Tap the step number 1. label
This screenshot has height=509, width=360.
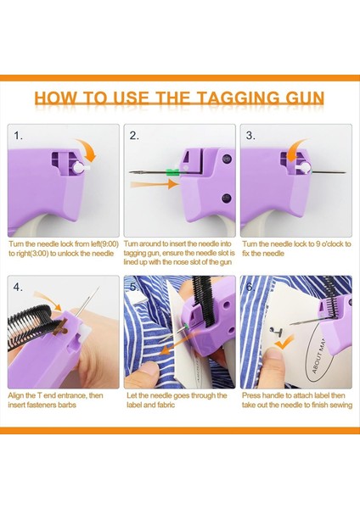point(19,135)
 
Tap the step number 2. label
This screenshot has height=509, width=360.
point(135,135)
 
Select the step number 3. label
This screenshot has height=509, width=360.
point(251,135)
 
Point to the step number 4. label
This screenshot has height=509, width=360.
point(19,286)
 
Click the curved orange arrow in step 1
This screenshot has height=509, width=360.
point(85,150)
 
